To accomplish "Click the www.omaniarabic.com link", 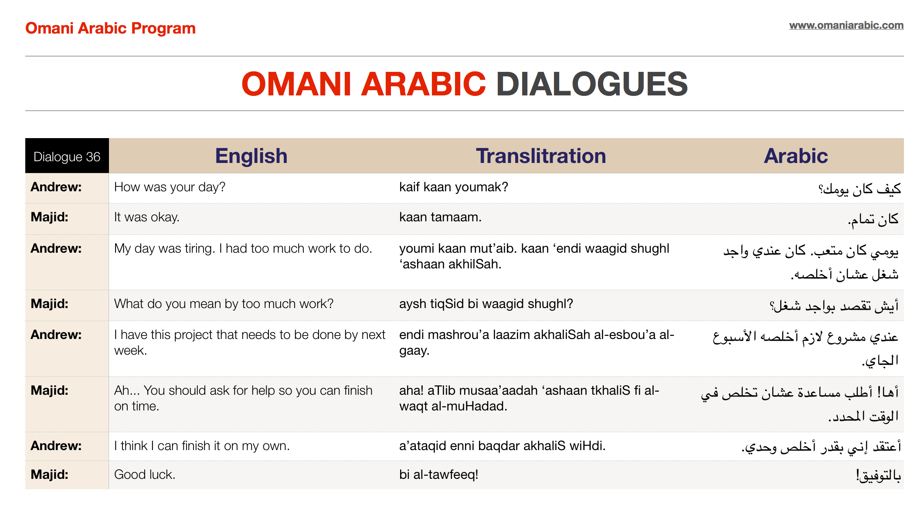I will (x=846, y=25).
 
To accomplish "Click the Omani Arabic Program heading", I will (x=110, y=28).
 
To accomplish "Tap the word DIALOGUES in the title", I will (x=591, y=84).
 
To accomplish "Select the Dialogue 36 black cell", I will (x=67, y=156).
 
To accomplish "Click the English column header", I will (x=251, y=156).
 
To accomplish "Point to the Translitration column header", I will (x=540, y=156).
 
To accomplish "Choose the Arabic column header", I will (x=795, y=156).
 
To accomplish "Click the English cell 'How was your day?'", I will (x=170, y=187).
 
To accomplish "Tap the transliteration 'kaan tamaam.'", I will (x=440, y=217).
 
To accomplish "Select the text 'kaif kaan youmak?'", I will (x=453, y=187).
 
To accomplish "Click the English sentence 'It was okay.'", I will (x=146, y=217).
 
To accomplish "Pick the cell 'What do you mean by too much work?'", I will (x=224, y=304).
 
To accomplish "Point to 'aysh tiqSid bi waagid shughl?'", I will (x=486, y=304).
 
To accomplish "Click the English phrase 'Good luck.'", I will (x=145, y=474).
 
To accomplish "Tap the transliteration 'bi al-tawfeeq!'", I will (x=438, y=474).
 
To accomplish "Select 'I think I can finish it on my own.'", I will (x=202, y=446).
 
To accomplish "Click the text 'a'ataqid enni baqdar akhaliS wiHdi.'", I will (x=502, y=446).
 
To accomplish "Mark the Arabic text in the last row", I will (x=878, y=475).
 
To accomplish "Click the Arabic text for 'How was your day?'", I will (x=859, y=189).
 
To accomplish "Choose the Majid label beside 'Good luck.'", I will (x=49, y=474).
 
